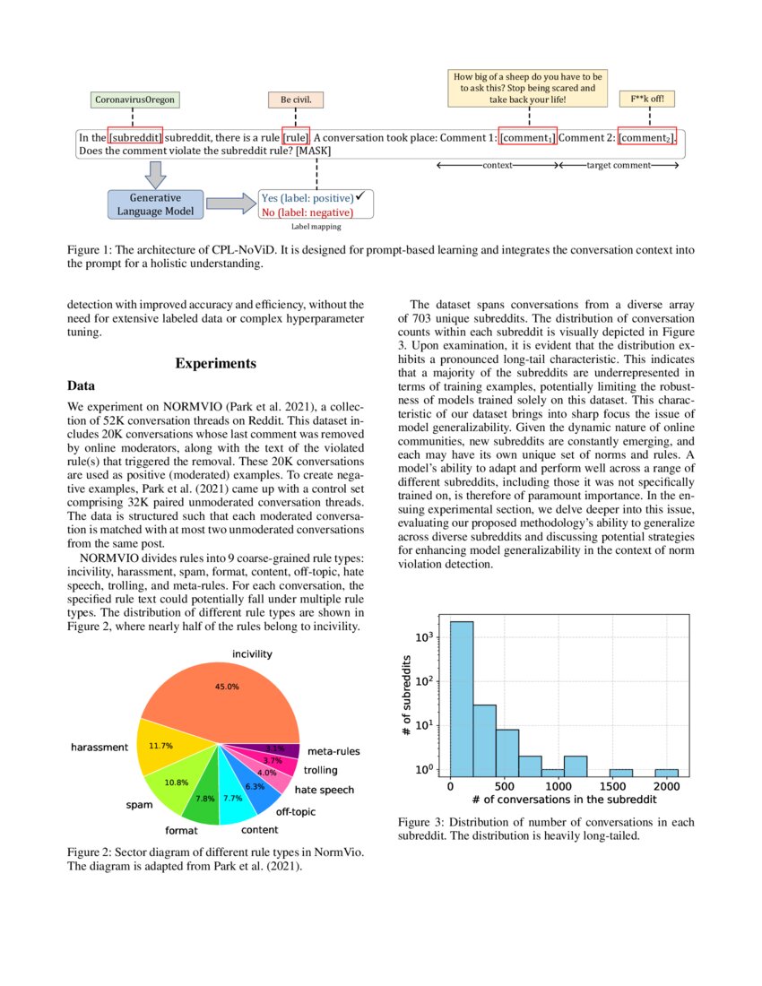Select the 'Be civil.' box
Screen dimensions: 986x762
(296, 99)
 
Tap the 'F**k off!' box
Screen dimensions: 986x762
(648, 99)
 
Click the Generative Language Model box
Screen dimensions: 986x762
(150, 204)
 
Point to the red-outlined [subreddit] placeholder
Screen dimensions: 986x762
(135, 138)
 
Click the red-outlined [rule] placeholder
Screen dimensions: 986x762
(296, 138)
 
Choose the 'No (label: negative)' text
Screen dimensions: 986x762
(307, 212)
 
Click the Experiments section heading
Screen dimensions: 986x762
(215, 363)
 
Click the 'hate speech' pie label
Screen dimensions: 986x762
(324, 791)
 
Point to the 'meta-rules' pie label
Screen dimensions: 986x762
(334, 751)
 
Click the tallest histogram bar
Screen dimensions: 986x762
(462, 699)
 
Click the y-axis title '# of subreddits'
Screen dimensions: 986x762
(405, 699)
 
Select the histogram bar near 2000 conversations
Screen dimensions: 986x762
(666, 773)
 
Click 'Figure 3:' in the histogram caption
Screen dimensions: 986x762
(423, 822)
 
